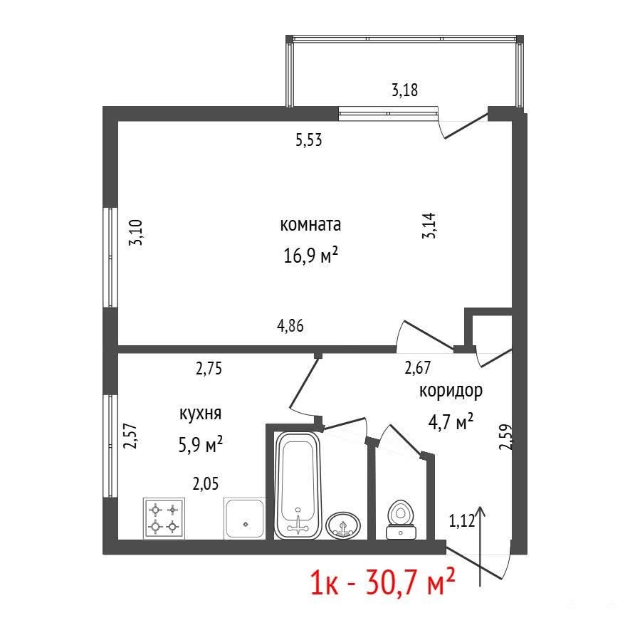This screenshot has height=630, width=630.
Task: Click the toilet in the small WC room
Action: point(401,519)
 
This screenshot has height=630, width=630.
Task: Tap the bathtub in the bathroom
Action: point(298,485)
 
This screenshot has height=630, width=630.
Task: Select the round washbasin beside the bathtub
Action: point(342,526)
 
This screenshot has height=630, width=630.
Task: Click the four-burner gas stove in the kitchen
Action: point(164,518)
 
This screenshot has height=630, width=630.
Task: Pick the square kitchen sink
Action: point(245,518)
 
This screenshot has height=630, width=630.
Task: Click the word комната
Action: point(310,225)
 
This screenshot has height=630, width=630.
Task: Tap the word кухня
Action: point(200,414)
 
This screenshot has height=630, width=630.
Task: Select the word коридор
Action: point(451,391)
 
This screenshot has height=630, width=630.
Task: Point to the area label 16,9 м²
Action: point(310,255)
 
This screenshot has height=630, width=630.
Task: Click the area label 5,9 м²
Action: point(201,444)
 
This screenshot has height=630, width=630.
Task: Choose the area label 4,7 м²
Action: point(451,422)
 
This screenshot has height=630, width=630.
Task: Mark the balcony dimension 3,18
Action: point(404,90)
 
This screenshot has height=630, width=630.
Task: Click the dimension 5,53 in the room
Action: point(309,140)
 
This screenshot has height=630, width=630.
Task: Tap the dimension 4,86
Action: point(290,325)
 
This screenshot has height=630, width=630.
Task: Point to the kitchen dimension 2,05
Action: point(206,484)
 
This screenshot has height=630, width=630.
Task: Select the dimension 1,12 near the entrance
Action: point(462,521)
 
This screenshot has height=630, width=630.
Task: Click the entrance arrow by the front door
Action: point(480,547)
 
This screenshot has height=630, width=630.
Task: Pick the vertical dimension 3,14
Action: point(429,226)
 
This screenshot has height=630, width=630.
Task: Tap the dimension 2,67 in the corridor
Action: point(417,367)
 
